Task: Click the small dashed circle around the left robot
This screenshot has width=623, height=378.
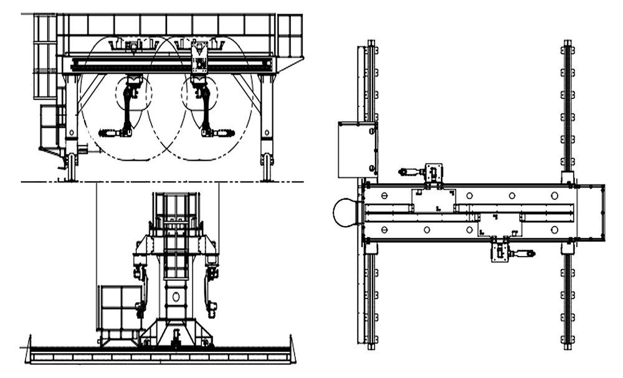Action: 133,94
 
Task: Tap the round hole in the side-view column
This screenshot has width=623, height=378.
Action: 176,297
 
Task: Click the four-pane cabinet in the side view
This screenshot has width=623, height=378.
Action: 120,308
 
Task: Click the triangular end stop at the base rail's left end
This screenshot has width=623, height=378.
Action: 28,349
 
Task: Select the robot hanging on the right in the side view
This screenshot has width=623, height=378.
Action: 212,286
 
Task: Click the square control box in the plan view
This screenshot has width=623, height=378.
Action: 357,150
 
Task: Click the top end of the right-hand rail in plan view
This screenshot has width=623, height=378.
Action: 567,45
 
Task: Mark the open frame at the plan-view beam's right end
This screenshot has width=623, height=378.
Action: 592,212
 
